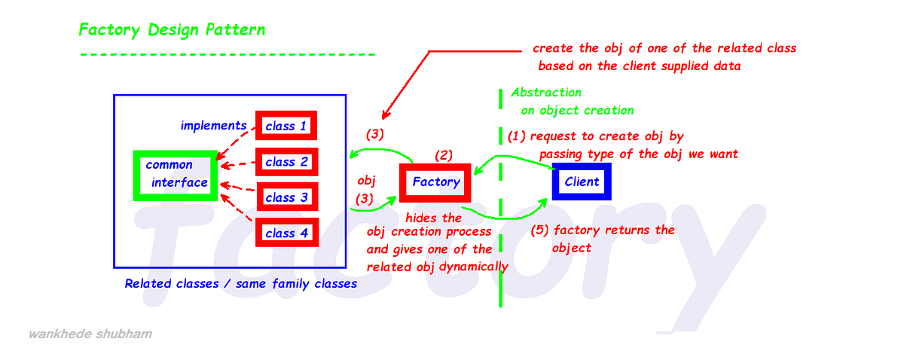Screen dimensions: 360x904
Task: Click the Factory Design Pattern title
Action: click(x=172, y=31)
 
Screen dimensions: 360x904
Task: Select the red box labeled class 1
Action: click(x=286, y=126)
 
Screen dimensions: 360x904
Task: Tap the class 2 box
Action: click(x=286, y=162)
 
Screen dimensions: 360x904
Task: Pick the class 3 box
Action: click(x=286, y=197)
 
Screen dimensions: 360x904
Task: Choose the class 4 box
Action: click(x=286, y=233)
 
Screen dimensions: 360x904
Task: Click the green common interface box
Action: click(x=175, y=174)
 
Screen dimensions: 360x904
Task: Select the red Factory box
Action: click(x=435, y=182)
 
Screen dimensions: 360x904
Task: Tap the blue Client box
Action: click(x=582, y=182)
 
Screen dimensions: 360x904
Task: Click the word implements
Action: click(x=213, y=126)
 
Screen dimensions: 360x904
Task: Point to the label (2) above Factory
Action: click(x=444, y=155)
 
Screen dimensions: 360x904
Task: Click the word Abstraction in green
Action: click(x=546, y=93)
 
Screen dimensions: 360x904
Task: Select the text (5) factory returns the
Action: click(x=603, y=230)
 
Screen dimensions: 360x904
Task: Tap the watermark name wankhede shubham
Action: click(x=90, y=334)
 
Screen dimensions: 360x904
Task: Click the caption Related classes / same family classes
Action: click(x=240, y=284)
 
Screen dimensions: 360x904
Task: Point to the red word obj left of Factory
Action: click(x=366, y=182)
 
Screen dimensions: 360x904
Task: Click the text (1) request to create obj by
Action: click(x=595, y=136)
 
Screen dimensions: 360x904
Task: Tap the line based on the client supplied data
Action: click(x=639, y=66)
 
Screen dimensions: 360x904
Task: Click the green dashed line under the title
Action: click(x=227, y=54)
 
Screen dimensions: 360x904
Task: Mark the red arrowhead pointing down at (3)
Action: click(x=386, y=115)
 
